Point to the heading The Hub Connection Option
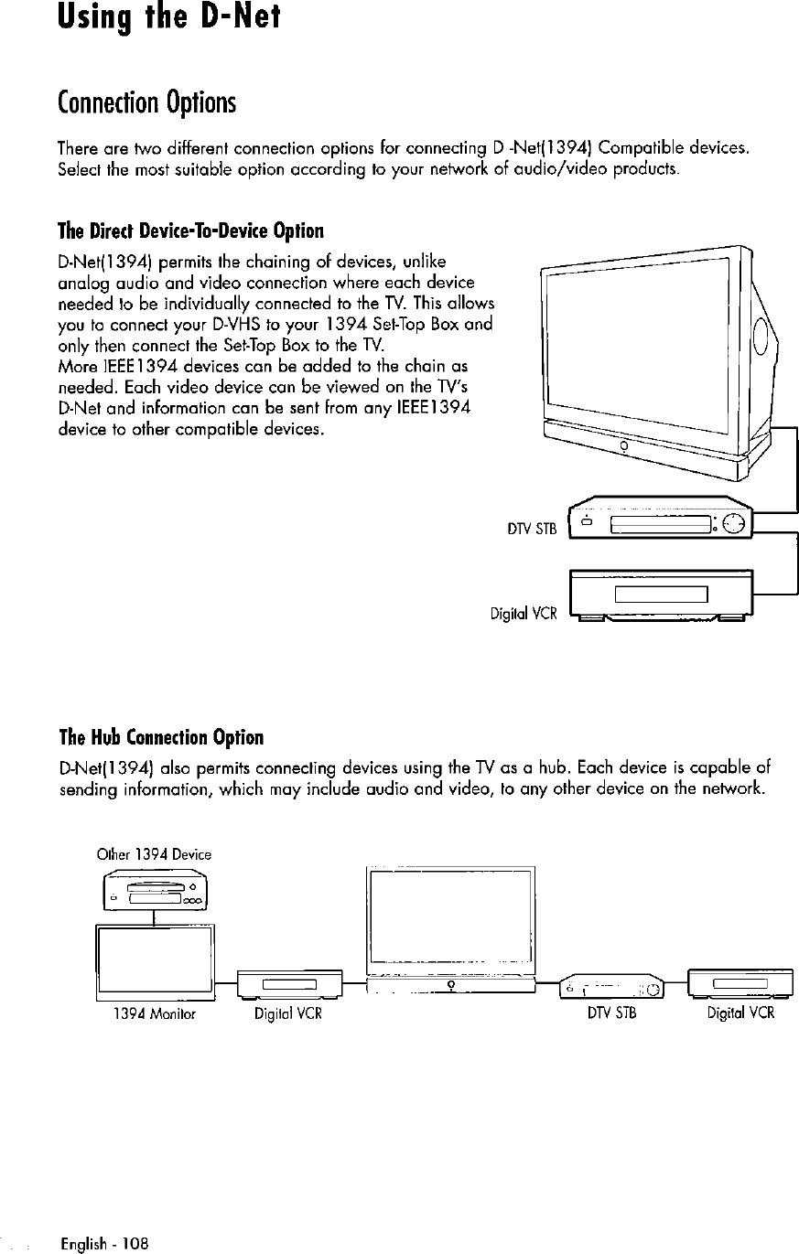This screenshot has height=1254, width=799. (160, 738)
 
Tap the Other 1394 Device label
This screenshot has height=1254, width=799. (154, 854)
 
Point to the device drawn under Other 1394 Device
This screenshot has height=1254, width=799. (154, 891)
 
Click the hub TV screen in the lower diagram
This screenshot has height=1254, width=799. (449, 921)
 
